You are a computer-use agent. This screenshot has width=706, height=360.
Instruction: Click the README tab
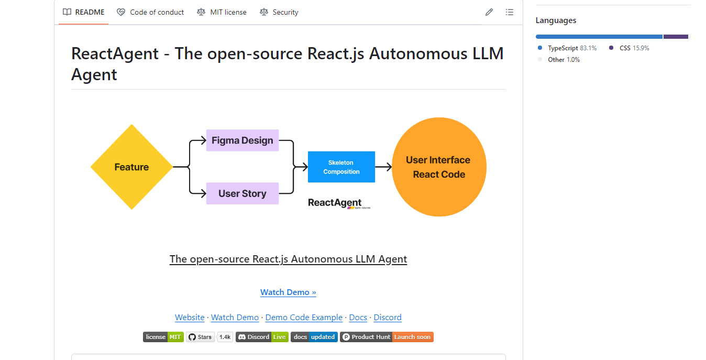tap(84, 12)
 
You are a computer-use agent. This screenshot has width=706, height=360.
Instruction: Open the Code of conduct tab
tap(150, 12)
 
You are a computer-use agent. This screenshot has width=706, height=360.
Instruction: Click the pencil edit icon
tap(489, 12)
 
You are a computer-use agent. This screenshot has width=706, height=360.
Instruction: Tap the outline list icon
tap(509, 12)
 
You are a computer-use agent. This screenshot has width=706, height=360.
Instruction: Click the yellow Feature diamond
tap(131, 167)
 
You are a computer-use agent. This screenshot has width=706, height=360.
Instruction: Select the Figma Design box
tap(242, 140)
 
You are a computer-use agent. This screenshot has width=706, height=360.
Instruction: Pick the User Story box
tap(242, 193)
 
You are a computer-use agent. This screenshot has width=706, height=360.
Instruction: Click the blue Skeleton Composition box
tap(341, 167)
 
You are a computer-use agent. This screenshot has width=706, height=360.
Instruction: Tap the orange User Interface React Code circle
tap(439, 167)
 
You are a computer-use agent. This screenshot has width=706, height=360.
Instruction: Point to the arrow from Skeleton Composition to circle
tap(383, 167)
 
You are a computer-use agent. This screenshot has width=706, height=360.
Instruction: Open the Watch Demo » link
tap(288, 292)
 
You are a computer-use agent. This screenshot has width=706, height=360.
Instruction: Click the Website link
tap(190, 318)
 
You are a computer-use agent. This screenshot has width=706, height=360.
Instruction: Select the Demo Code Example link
tap(304, 318)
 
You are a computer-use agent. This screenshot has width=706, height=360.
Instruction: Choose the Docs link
tap(358, 318)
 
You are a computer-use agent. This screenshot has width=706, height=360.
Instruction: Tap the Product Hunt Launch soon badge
tap(387, 337)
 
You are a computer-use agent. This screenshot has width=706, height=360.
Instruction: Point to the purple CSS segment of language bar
tap(676, 37)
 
